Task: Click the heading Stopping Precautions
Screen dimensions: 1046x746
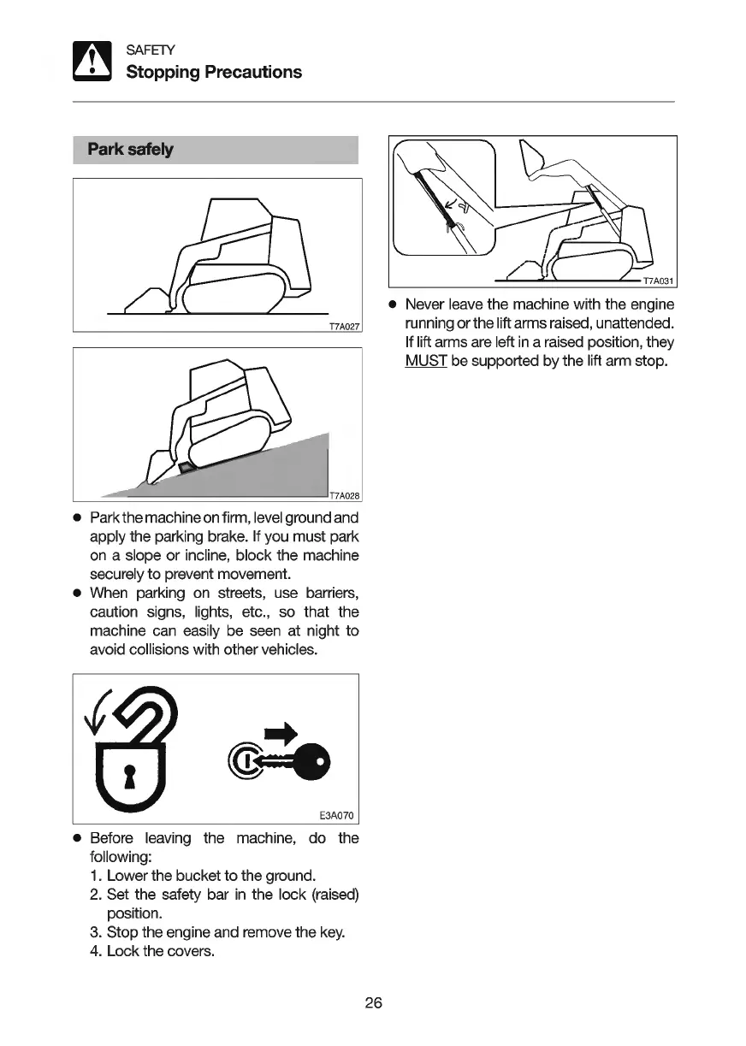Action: tap(214, 72)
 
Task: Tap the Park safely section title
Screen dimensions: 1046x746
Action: tap(130, 150)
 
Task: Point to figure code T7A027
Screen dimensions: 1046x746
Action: tap(345, 326)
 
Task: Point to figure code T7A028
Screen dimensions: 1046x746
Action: tap(346, 495)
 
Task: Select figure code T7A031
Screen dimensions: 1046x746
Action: tap(659, 281)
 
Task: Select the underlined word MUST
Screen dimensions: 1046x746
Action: tap(426, 361)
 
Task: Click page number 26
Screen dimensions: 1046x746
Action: tap(373, 1002)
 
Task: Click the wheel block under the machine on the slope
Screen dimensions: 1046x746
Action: tap(185, 466)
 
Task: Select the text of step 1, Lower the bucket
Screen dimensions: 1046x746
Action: tap(211, 876)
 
